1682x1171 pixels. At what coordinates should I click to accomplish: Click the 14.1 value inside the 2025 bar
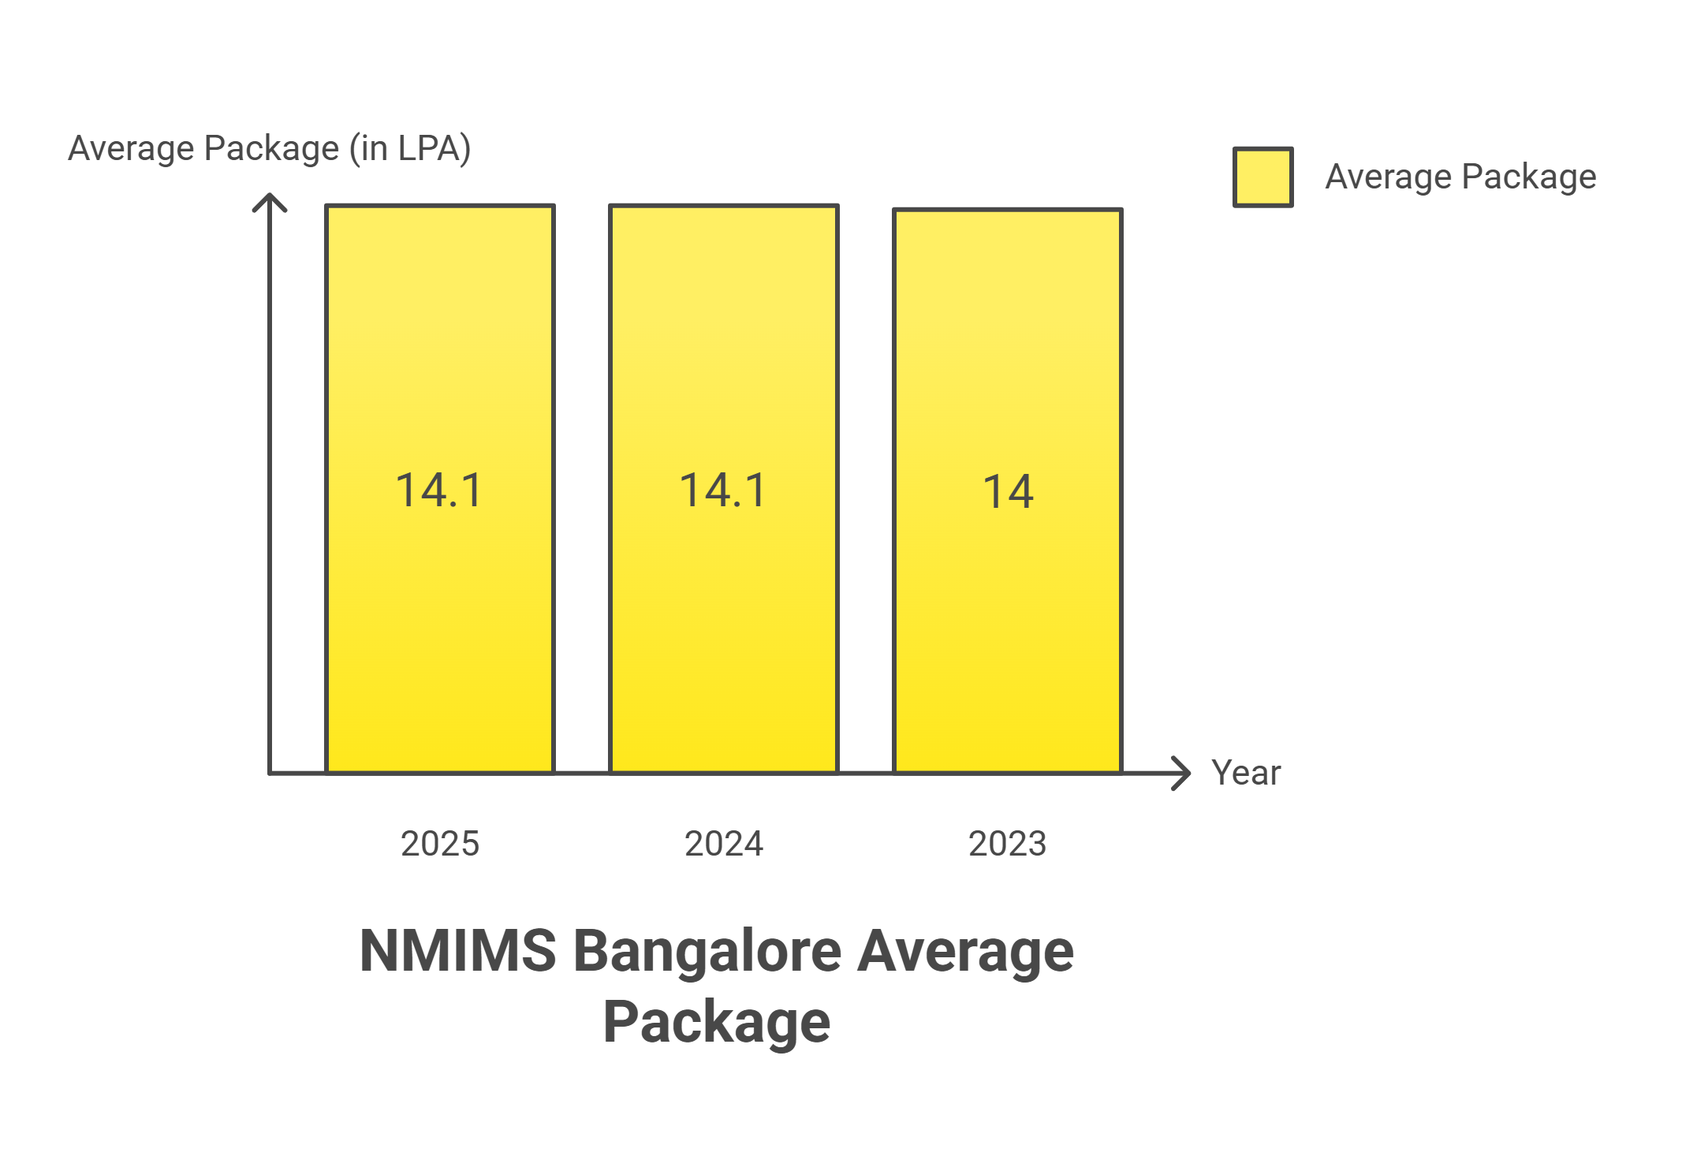coord(439,490)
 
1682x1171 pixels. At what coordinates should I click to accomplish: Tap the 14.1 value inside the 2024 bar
coord(723,490)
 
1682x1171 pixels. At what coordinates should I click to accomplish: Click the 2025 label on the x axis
coord(440,844)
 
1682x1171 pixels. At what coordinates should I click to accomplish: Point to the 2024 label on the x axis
coord(724,844)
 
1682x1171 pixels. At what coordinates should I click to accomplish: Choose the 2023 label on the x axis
coord(1008,844)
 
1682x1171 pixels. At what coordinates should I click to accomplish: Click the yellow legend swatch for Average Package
coord(1262,177)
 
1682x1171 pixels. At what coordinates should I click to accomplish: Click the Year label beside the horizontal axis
coord(1246,773)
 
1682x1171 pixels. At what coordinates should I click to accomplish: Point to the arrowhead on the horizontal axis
coord(1183,773)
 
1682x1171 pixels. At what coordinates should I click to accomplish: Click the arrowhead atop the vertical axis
coord(270,200)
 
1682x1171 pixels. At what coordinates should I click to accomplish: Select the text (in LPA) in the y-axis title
coord(410,148)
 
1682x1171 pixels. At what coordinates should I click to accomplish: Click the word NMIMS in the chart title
coord(457,950)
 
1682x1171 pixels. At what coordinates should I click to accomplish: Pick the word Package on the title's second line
coord(716,1022)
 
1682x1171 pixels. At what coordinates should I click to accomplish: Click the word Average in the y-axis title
coord(131,148)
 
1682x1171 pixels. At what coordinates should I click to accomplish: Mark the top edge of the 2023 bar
coord(1008,210)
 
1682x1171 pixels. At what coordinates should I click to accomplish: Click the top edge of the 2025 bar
coord(440,206)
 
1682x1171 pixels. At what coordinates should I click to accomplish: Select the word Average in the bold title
coord(965,950)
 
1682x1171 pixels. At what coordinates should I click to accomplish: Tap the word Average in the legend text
coord(1388,177)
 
